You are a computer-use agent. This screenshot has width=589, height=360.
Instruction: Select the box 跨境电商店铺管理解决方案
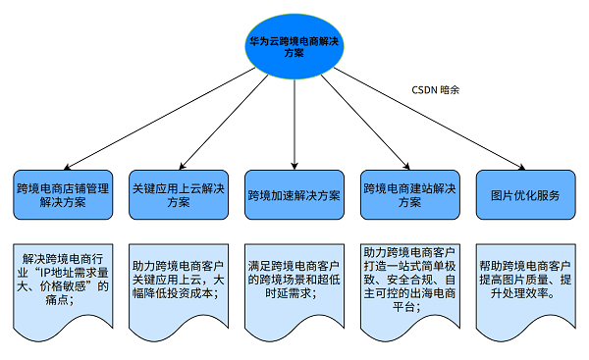pyautogui.click(x=64, y=193)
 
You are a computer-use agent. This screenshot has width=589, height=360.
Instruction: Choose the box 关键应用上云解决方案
pyautogui.click(x=178, y=193)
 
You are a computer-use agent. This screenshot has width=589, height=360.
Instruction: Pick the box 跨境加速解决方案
pyautogui.click(x=294, y=194)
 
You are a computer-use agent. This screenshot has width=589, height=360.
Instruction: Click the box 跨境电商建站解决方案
pyautogui.click(x=409, y=193)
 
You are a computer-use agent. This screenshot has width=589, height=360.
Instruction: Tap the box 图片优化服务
pyautogui.click(x=525, y=194)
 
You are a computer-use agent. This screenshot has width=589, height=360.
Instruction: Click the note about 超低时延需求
pyautogui.click(x=294, y=279)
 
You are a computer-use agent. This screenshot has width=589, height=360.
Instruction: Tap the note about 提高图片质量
pyautogui.click(x=525, y=279)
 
